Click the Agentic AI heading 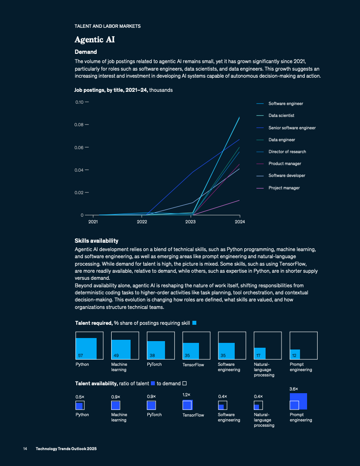click(x=95, y=40)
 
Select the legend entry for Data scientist click(x=281, y=116)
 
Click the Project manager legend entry click(x=284, y=188)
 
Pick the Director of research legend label click(x=287, y=152)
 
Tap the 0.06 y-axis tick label click(x=79, y=147)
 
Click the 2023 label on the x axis click(x=190, y=222)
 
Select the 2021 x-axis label click(x=93, y=222)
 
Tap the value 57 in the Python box click(x=80, y=355)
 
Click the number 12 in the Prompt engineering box click(x=294, y=355)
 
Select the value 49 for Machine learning click(x=116, y=355)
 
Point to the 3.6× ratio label click(x=294, y=389)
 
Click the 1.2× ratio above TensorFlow click(x=187, y=395)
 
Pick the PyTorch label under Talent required click(x=154, y=365)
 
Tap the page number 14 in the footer click(x=25, y=449)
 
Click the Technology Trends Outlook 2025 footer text click(x=66, y=449)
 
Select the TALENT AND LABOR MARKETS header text click(x=108, y=26)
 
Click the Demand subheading click(x=86, y=52)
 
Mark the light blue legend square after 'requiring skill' click(x=194, y=323)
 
